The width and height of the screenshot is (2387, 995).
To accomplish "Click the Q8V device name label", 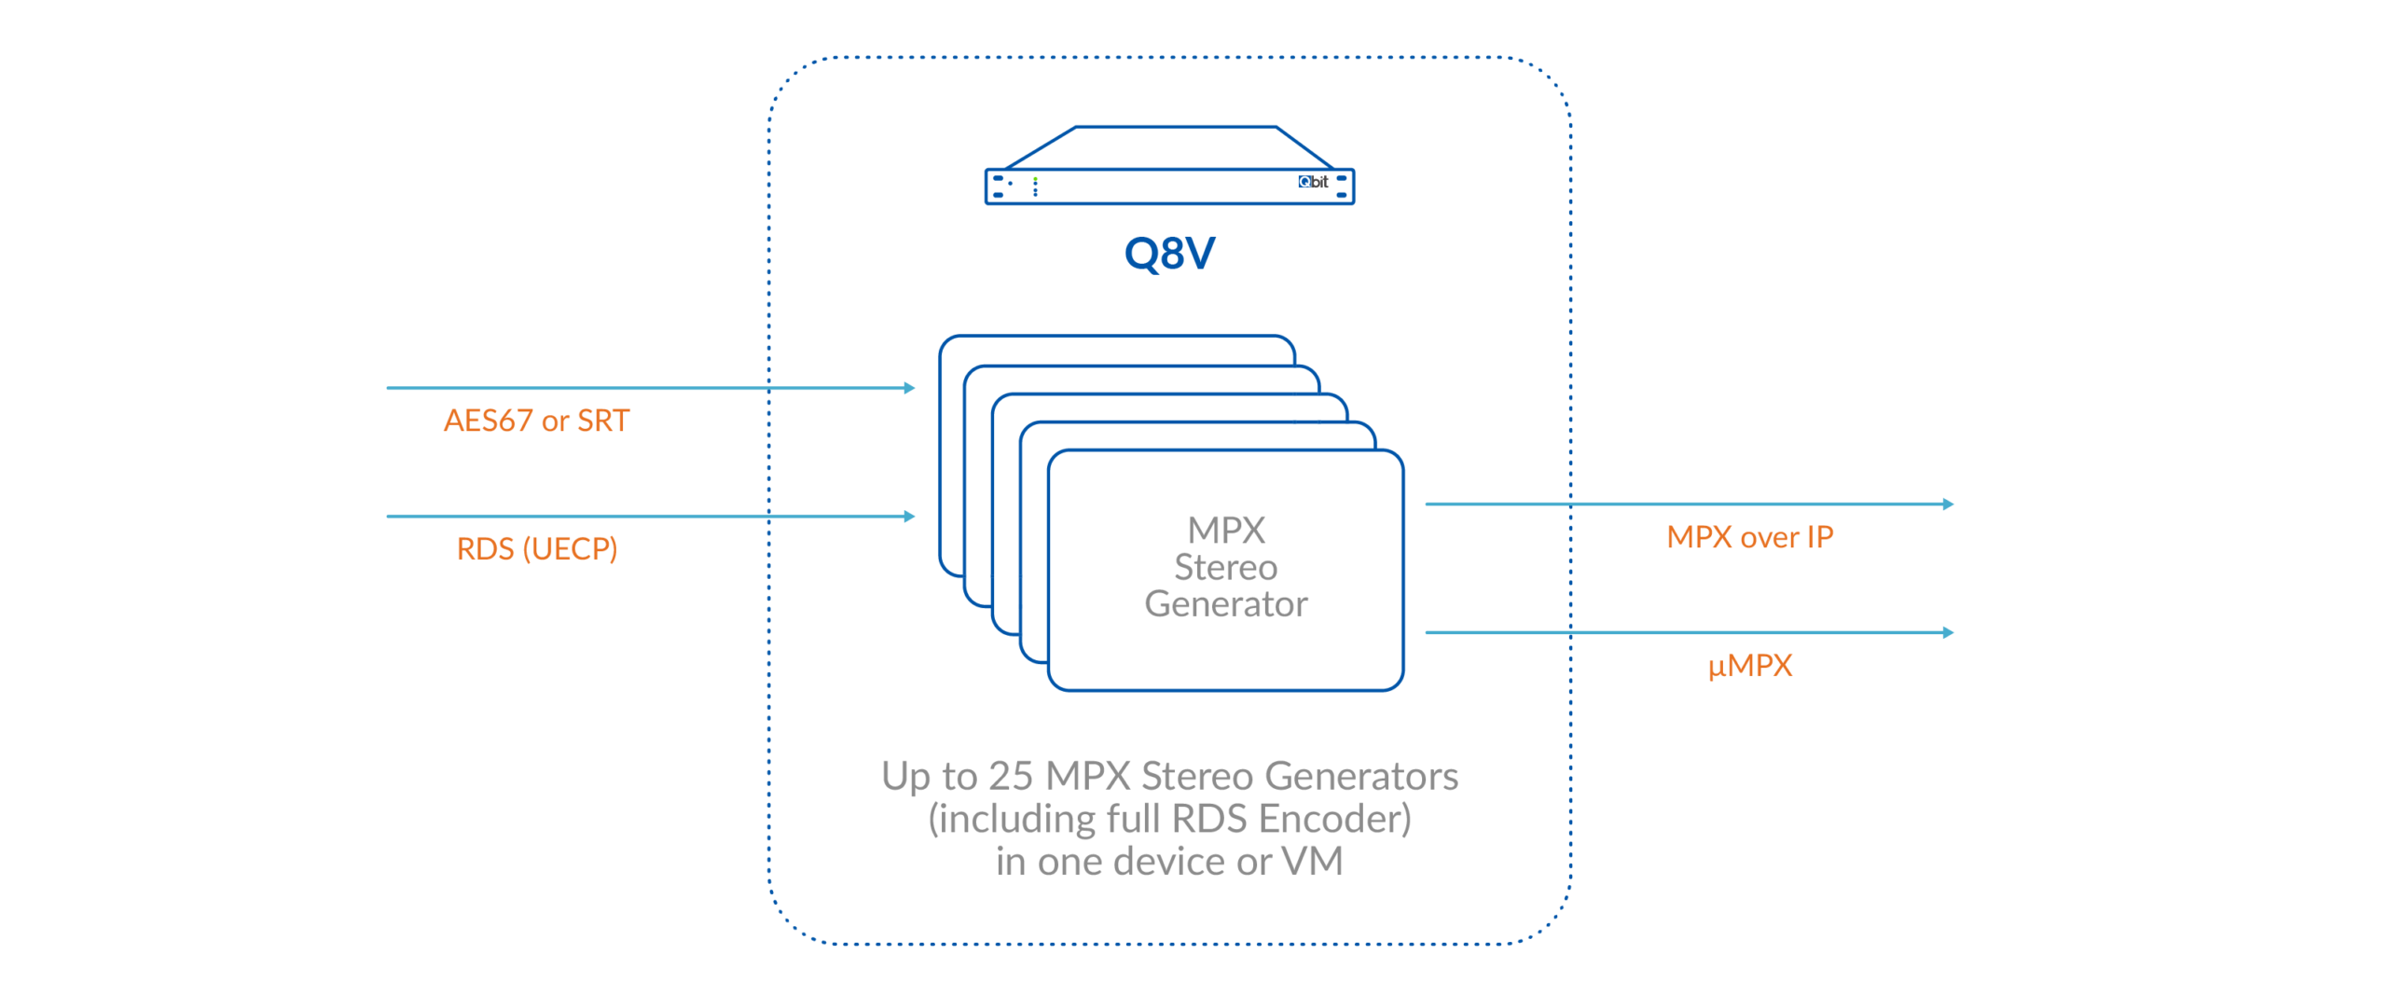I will point(1169,253).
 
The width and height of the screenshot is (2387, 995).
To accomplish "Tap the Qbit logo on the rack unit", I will point(1313,182).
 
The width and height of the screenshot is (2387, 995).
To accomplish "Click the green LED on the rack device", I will point(1035,179).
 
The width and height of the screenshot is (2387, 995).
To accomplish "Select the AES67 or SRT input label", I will point(536,421).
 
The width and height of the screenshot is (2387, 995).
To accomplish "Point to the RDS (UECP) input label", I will point(536,548).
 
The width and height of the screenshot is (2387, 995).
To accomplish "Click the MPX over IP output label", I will point(1749,537).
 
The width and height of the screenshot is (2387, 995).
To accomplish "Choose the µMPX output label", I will point(1750,665).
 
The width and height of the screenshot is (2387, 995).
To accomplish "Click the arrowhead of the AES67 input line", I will point(910,388).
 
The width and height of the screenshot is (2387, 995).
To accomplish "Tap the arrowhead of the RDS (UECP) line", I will point(910,516).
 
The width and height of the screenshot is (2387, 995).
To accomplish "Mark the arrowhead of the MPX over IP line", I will point(1948,504).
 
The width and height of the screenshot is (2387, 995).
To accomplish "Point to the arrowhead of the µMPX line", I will point(1948,632).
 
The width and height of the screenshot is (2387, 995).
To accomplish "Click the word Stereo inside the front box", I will point(1225,567).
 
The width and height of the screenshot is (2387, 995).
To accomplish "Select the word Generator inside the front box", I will point(1225,604).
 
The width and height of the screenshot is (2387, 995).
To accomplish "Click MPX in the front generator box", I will point(1225,531).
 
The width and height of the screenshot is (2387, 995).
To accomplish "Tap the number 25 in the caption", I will point(1011,776).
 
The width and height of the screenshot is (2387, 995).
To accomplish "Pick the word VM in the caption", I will point(1312,862).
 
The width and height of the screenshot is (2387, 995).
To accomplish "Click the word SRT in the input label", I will point(603,421).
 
